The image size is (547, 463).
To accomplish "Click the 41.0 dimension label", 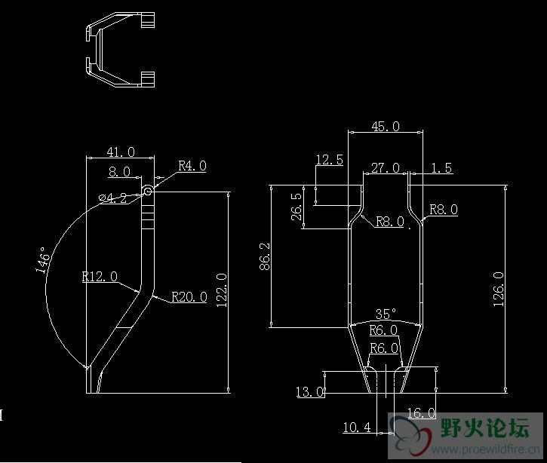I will (x=121, y=152).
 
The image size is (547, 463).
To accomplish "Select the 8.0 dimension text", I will (x=119, y=172).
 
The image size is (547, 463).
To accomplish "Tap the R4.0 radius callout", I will (x=192, y=166).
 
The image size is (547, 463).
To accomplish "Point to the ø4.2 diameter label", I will (x=114, y=199).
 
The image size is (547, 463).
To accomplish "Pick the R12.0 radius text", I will (x=100, y=277).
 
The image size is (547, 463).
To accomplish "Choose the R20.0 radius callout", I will (x=189, y=297).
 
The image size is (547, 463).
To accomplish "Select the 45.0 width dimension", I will (x=385, y=127).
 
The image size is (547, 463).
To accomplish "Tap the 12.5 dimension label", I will (x=329, y=160).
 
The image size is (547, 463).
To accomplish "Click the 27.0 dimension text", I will (x=386, y=168).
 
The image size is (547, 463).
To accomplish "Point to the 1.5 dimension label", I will (x=442, y=168).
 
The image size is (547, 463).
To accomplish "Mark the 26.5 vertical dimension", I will (x=296, y=207).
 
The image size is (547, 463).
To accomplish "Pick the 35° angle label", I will (x=385, y=314).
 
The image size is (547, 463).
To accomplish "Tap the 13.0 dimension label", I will (x=310, y=392).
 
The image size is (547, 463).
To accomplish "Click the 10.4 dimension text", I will (x=357, y=428).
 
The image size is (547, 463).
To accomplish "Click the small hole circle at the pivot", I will (x=148, y=192).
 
